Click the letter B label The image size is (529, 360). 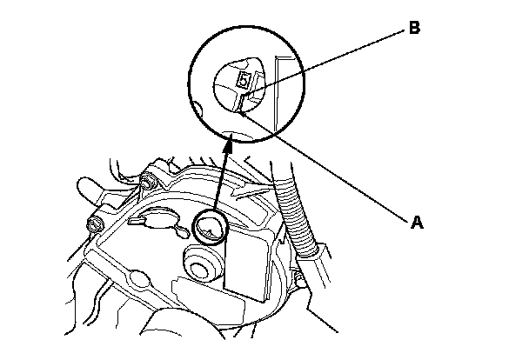414,30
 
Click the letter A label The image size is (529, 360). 416,223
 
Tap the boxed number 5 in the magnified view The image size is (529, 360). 244,81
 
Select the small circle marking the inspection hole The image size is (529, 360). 211,228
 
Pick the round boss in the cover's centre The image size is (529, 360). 200,263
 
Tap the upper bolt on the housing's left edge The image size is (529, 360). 147,183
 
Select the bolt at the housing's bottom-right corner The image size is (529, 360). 298,280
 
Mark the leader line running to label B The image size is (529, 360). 331,57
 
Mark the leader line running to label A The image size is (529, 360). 331,173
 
